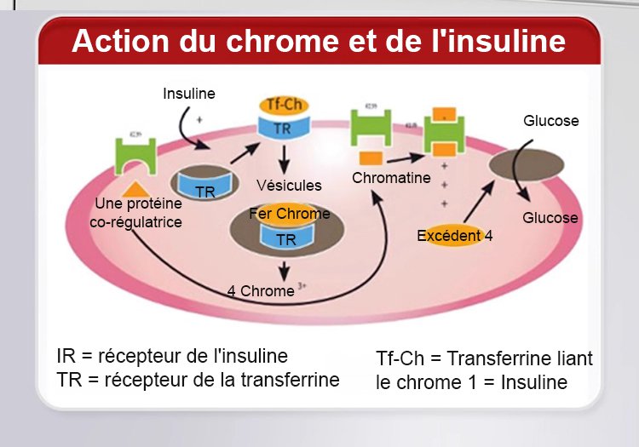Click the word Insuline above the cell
[x=189, y=93]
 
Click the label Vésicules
[x=289, y=185]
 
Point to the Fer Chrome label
[x=289, y=214]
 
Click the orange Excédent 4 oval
[x=454, y=236]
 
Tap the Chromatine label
[x=391, y=179]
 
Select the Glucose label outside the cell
[x=550, y=121]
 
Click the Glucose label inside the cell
[x=550, y=218]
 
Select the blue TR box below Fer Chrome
[x=286, y=239]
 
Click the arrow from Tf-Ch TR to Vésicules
[x=285, y=157]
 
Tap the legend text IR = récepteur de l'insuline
[x=172, y=355]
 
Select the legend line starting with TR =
[x=198, y=379]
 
